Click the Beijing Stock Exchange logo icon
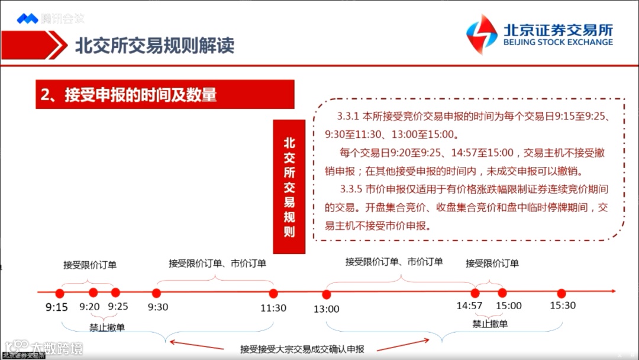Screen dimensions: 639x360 pos(482,34)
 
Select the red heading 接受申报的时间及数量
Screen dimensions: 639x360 pos(128,95)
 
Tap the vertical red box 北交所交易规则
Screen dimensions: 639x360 pos(289,187)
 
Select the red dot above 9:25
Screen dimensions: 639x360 pos(115,292)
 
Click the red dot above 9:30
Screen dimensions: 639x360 pos(157,292)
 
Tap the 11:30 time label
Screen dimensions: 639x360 pos(273,308)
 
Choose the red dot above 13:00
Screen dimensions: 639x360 pos(326,294)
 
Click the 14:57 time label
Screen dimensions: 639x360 pos(469,306)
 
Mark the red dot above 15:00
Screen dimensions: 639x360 pos(502,292)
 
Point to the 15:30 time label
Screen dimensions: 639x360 pos(562,306)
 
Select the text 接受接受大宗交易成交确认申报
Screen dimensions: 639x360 pos(302,349)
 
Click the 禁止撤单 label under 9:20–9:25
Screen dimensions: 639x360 pos(106,327)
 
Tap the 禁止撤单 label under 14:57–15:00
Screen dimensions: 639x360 pos(490,324)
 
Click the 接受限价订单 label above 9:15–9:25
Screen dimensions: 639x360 pos(90,265)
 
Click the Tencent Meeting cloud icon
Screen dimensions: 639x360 pos(27,18)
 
